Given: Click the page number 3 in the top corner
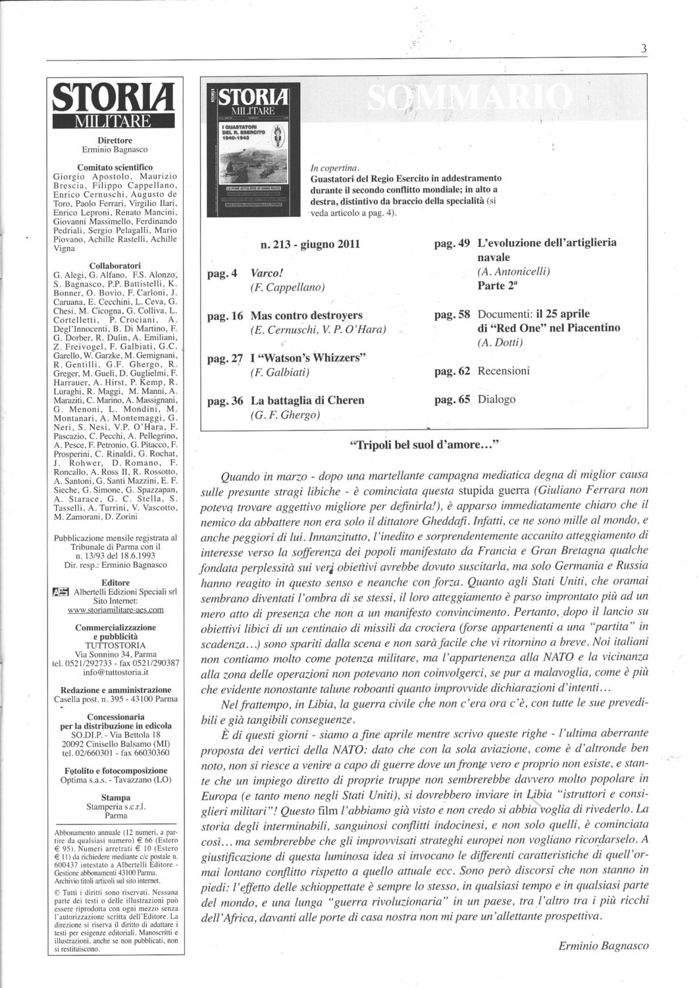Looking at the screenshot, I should click(x=643, y=49).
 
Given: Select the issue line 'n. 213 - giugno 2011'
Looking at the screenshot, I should click(x=310, y=244).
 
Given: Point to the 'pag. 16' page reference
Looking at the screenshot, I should click(x=225, y=316).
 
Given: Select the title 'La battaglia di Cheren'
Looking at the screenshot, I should click(x=307, y=400).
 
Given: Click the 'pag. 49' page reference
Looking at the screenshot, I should click(x=452, y=243).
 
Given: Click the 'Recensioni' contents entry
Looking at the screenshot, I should click(x=504, y=371).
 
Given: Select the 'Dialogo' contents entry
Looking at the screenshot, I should click(x=497, y=399).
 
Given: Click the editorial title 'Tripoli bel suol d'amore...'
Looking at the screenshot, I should click(x=426, y=445).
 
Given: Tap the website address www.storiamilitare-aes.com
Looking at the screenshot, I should click(x=116, y=610).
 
